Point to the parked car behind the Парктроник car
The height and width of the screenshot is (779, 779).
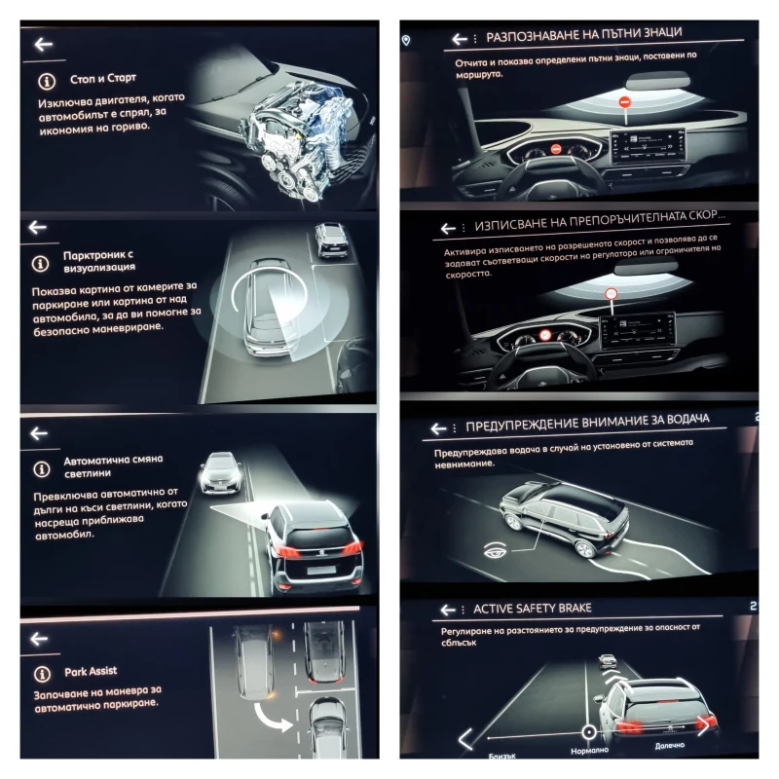click(332, 240)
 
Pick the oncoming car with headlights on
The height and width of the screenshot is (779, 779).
click(219, 472)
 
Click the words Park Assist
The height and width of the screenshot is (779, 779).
click(92, 672)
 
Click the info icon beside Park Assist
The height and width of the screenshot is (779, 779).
click(41, 673)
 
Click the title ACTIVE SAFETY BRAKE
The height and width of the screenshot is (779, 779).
click(532, 609)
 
